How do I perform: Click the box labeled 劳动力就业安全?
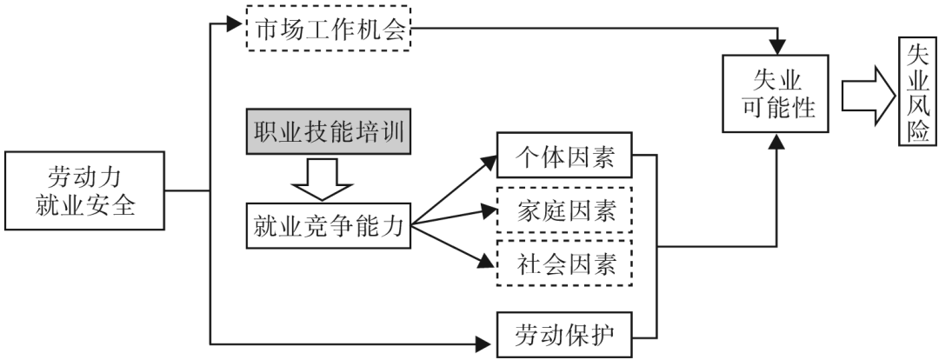85,190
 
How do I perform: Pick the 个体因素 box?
564,157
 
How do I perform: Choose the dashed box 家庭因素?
564,210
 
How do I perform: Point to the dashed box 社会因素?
564,262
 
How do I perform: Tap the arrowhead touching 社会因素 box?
488,258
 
